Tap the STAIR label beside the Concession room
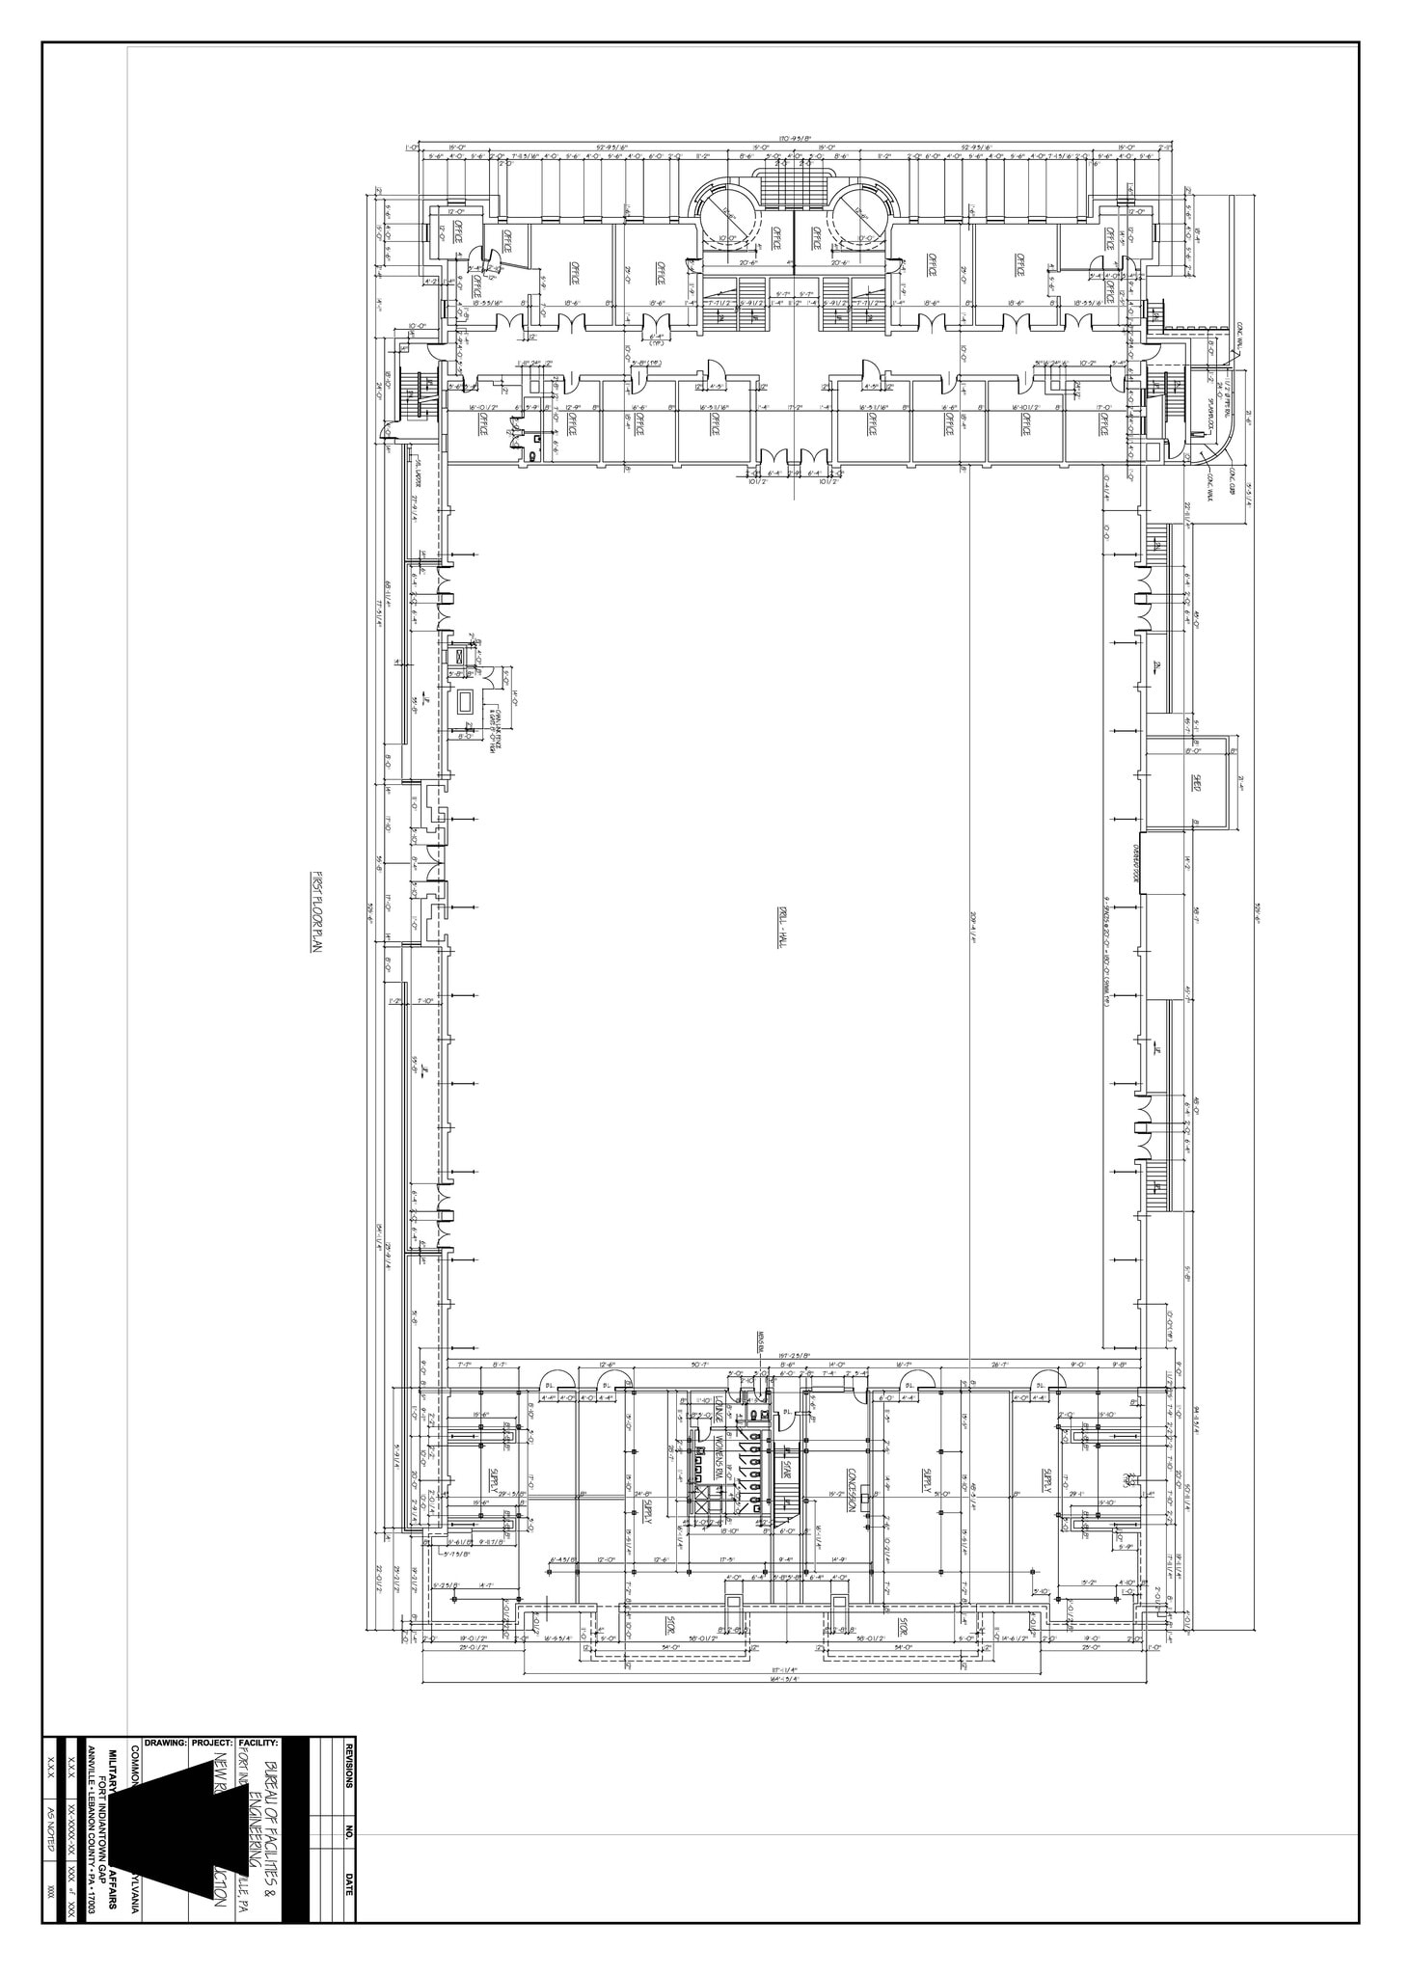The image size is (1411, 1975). click(x=788, y=1470)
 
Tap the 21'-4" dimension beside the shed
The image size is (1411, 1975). click(x=1244, y=782)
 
